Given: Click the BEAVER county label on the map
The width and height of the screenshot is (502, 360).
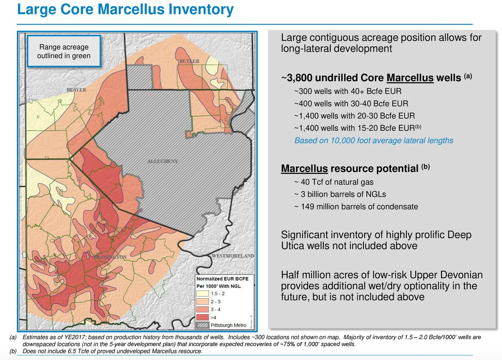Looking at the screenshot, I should pos(76,90).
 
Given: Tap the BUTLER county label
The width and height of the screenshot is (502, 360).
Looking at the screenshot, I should pos(189,61).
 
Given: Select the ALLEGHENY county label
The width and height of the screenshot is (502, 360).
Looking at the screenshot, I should pos(162,161).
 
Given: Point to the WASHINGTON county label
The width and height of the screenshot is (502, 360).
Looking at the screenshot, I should pos(110,257).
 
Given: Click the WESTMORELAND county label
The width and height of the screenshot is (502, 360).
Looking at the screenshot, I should pos(233,256).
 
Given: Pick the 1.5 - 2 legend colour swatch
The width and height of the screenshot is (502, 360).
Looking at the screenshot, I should pos(203,294).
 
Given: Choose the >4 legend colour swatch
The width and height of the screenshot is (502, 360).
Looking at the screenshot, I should pos(203,317).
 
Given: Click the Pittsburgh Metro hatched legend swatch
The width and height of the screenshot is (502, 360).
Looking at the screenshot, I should pos(203,325).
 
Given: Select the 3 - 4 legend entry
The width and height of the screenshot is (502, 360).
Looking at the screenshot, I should pos(214,309).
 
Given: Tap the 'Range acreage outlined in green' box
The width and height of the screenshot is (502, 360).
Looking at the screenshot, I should pos(64,51).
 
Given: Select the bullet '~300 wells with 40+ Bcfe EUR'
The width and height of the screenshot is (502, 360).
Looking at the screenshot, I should pos(347,91).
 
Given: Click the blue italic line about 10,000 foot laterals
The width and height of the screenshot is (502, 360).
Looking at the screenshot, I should pos(374,140).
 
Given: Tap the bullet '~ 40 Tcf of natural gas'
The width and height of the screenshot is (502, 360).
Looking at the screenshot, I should pos(334,182).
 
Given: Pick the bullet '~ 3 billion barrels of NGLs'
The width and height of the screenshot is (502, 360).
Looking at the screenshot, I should pos(340,194).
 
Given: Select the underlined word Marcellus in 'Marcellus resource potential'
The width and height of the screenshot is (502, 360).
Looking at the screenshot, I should pos(304,169).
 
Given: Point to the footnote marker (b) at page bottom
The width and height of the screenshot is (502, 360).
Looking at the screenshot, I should pos(12,351).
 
